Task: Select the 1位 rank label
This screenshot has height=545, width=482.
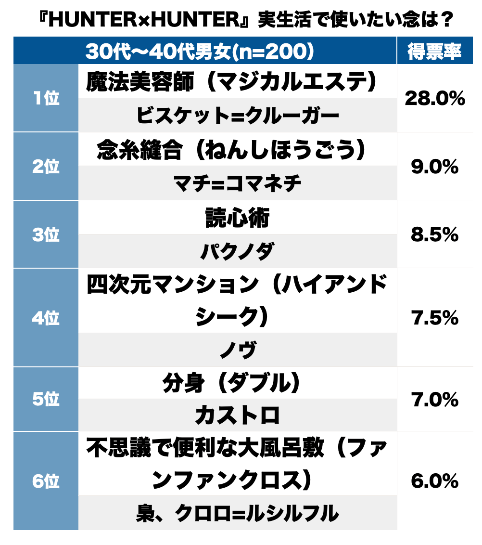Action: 46,98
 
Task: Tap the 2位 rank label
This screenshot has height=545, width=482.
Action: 46,167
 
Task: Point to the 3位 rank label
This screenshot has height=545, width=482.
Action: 46,235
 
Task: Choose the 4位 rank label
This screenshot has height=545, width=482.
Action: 46,318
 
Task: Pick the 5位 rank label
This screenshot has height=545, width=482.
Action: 46,399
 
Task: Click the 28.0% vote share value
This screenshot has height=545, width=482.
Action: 434,99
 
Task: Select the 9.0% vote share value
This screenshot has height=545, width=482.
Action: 434,167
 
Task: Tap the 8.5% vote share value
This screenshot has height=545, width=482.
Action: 434,235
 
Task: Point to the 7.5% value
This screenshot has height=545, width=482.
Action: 434,318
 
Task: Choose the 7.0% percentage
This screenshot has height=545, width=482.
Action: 434,400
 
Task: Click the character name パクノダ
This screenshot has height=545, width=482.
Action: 237,251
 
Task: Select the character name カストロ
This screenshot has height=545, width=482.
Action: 237,415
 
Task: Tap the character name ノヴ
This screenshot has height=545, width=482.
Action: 237,350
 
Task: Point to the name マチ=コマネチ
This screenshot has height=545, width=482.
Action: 237,183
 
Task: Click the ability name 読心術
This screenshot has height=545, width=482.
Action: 237,218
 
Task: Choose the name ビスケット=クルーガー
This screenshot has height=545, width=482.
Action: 237,115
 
